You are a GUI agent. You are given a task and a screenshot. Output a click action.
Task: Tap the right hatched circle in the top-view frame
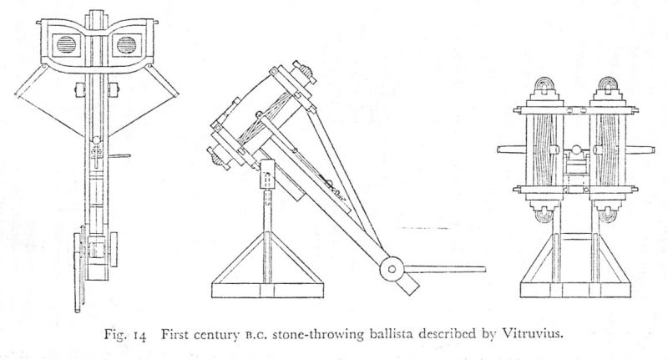[126, 44]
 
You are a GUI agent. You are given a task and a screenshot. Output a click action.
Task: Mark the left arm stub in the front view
[508, 151]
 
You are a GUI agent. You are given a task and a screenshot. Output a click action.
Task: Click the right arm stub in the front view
[645, 151]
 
